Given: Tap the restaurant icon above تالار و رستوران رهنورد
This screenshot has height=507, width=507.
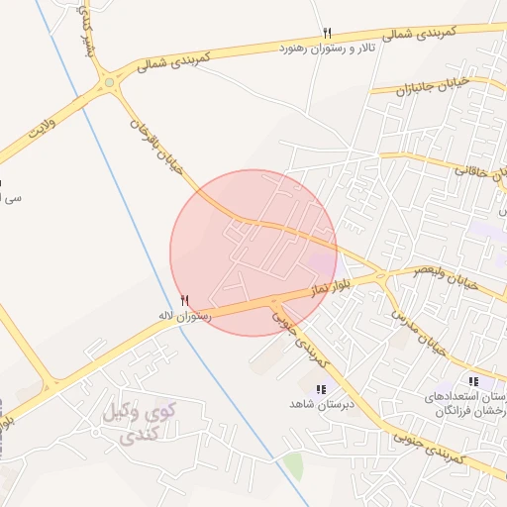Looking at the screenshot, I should pyautogui.click(x=327, y=34).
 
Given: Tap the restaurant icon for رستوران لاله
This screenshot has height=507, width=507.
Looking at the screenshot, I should pyautogui.click(x=184, y=300).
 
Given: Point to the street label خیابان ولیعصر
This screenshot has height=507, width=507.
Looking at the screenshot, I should pyautogui.click(x=446, y=275).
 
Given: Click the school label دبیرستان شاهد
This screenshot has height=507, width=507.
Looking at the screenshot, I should pyautogui.click(x=320, y=405).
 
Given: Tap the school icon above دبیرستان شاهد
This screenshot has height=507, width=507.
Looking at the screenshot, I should pyautogui.click(x=320, y=390).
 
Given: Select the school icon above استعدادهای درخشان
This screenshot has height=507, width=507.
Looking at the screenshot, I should pyautogui.click(x=473, y=381).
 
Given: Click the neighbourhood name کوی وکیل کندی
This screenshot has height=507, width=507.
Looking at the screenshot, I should pyautogui.click(x=138, y=421).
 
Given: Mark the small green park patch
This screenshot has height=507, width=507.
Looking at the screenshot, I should pyautogui.click(x=293, y=465).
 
